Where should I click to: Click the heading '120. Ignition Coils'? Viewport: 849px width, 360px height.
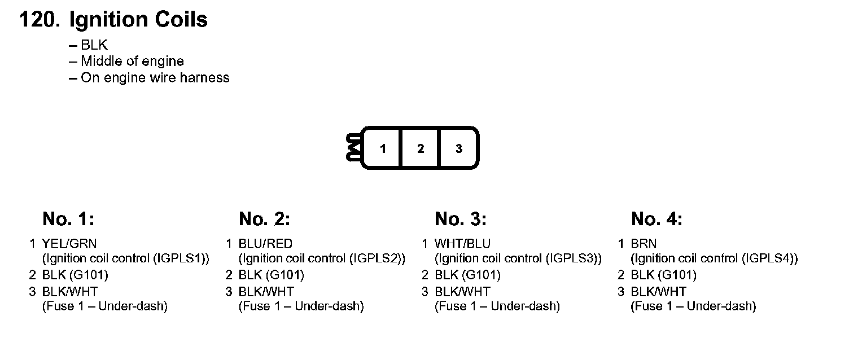[113, 20]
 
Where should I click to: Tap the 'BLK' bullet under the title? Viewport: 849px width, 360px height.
[94, 46]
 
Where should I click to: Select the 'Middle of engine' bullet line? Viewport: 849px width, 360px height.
[132, 61]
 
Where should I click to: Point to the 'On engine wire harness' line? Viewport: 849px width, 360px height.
[155, 77]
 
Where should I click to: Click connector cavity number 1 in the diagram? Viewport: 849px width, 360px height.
[383, 149]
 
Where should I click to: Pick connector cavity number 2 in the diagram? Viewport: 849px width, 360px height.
[421, 149]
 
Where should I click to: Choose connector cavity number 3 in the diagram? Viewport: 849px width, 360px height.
[459, 149]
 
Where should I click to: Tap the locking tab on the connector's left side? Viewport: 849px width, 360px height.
[354, 148]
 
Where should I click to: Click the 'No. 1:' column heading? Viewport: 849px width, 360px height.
[68, 219]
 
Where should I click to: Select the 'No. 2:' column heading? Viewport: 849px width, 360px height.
[264, 219]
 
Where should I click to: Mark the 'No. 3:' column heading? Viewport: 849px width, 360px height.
[461, 219]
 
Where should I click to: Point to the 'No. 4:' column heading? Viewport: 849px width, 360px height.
[657, 219]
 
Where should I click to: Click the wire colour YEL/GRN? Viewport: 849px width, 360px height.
[69, 244]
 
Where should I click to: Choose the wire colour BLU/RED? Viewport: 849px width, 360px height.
[265, 244]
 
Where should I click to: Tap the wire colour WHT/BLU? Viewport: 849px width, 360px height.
[462, 244]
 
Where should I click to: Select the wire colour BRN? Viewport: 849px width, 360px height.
[644, 244]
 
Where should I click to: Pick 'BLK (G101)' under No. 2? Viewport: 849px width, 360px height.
[271, 275]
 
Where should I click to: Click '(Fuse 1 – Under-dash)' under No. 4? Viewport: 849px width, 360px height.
[693, 306]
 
